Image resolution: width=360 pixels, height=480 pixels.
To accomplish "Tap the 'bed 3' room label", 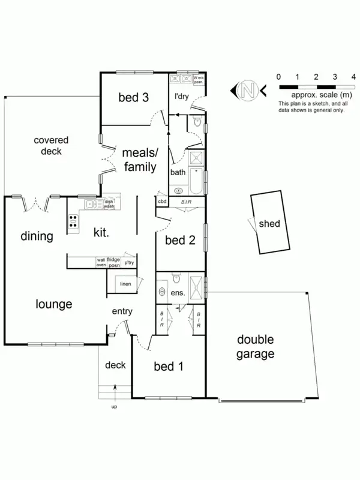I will (133, 97).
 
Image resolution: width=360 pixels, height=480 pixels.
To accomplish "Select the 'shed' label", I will (269, 224).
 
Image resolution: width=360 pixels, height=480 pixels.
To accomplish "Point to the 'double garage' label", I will (255, 347).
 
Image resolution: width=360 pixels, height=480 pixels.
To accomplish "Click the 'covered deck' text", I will (51, 146).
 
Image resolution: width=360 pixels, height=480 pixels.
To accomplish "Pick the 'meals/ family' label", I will (140, 161).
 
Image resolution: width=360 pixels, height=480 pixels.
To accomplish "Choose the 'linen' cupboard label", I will (125, 284).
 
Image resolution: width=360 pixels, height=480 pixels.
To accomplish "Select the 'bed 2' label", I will (181, 241).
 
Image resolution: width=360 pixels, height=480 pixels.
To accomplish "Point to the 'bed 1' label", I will (169, 366).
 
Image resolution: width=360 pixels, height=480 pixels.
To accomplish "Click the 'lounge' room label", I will (53, 304).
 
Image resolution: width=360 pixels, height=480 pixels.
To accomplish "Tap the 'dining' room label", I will (37, 236).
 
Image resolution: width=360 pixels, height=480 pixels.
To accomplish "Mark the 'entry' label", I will (122, 311).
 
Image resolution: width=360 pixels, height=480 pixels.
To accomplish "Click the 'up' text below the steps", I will (114, 407).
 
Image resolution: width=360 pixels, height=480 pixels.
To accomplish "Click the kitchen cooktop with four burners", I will (73, 222).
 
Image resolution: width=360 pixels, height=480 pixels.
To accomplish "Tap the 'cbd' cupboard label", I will (161, 202).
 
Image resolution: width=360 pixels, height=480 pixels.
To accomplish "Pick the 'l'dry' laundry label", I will (182, 97).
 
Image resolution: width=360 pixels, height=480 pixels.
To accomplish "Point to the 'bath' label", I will (178, 172).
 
